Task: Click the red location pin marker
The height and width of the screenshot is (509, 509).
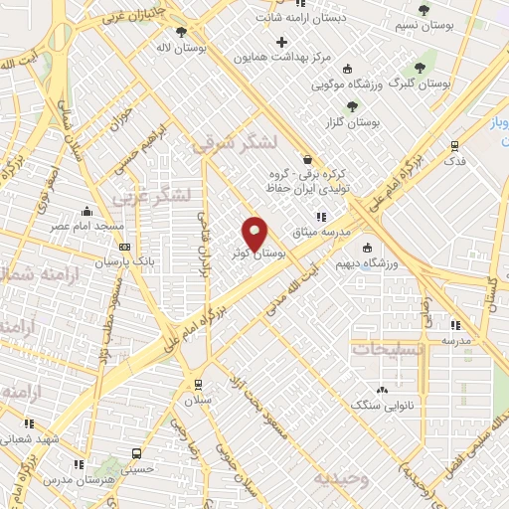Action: tap(254, 235)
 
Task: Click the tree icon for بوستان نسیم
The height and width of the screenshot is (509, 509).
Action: tap(424, 10)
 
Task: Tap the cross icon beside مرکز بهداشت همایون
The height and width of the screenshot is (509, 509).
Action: tap(283, 42)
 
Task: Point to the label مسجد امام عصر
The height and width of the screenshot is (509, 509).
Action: tap(88, 226)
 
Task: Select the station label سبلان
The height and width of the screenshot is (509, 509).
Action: tap(199, 400)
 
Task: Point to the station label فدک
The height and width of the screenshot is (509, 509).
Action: tap(453, 160)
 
